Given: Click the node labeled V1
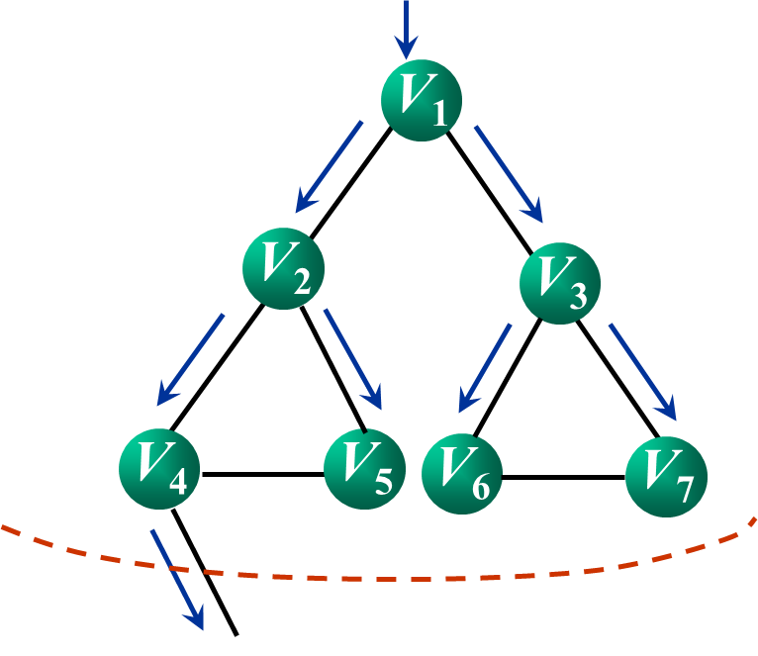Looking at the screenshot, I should pos(422,100).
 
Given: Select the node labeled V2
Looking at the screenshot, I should pos(283,268).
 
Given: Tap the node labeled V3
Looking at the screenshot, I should pos(560,282).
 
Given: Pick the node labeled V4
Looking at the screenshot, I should pos(159,468).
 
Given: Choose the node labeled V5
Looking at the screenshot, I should pos(364,469).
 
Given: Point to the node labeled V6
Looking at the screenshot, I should pos(462,474).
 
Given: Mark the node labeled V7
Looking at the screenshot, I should pos(666,476).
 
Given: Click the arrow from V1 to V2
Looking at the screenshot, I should pos(330,166).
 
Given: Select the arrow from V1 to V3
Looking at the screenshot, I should pos(508,173).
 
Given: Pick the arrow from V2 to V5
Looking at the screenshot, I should pos(352,359).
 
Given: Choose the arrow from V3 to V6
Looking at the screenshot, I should pos(485,367).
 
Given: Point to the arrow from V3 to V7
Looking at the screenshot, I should pos(642,371).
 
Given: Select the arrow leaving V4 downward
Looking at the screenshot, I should pos(177,579).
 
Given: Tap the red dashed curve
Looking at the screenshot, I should pos(396,578).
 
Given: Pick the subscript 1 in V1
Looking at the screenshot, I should pos(439,114).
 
